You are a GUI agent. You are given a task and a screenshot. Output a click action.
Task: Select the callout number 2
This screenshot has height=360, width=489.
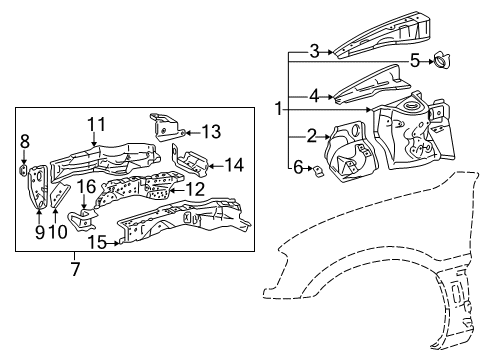312,136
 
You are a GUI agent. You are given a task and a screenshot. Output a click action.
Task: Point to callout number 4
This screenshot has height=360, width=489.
313,97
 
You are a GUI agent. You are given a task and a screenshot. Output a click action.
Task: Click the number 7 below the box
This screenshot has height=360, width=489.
74,267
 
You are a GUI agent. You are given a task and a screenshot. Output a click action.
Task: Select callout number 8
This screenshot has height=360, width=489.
26,141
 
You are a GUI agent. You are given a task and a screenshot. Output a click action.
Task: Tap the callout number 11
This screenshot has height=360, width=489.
95,123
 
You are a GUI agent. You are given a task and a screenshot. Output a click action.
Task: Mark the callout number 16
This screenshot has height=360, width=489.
87,187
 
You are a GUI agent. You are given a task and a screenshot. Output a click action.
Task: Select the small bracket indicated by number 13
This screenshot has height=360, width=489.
162,126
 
